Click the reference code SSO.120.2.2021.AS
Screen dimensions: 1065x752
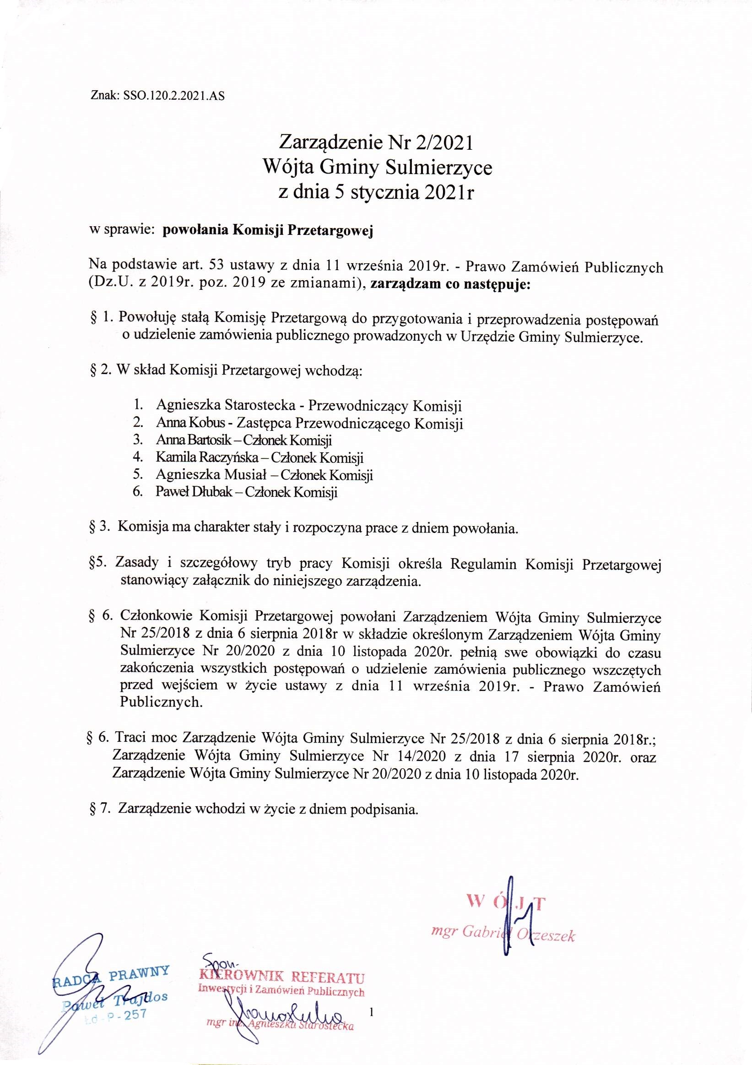175,97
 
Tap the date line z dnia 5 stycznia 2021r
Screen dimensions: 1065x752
375,191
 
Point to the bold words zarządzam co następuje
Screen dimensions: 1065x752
450,284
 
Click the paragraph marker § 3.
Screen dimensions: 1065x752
99,528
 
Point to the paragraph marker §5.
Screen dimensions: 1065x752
97,565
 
